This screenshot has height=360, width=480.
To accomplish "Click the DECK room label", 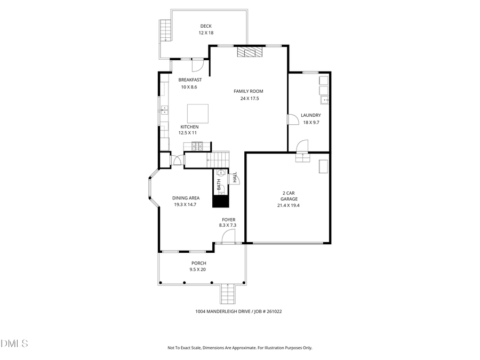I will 206,26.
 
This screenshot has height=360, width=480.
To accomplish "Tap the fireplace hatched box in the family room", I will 250,52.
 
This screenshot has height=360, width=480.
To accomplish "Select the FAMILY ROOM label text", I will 248,91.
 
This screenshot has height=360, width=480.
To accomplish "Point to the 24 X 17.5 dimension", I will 248,99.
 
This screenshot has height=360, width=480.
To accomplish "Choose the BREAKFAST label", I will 190,79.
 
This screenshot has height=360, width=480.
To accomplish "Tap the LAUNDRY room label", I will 310,115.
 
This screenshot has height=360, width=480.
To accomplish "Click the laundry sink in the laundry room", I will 324,100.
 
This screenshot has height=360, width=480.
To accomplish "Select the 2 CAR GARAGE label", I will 289,196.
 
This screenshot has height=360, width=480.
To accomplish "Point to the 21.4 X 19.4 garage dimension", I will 289,205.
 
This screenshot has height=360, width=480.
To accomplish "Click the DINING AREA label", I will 181,198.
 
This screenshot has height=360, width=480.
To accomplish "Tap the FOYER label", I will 229,220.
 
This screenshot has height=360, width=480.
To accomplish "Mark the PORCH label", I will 198,263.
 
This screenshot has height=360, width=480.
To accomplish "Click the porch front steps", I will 228,293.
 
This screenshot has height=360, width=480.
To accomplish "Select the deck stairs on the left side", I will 165,30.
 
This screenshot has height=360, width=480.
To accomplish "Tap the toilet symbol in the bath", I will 220,173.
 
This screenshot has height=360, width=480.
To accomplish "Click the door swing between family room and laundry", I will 293,119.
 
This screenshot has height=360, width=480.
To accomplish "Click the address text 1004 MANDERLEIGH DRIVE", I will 218,311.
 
